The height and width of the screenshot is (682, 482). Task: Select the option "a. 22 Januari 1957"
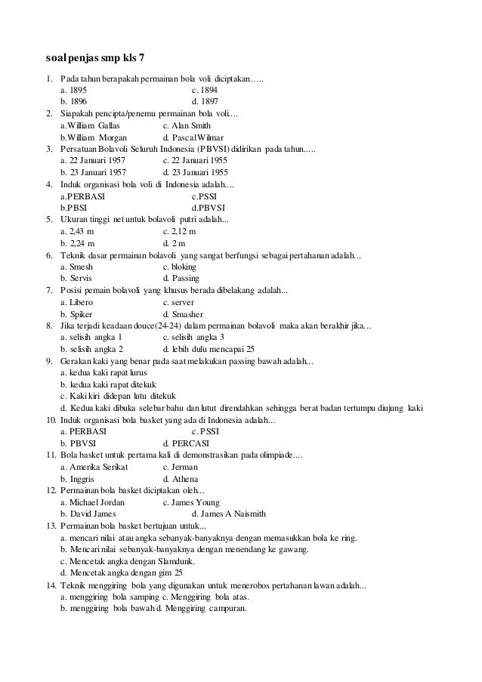click(93, 160)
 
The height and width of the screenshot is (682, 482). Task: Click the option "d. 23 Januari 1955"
click(195, 171)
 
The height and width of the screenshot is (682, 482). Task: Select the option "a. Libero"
click(76, 302)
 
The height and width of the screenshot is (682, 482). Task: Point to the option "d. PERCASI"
click(186, 443)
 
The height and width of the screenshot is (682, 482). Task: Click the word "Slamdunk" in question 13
click(176, 562)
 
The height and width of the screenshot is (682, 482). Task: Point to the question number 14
click(51, 585)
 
